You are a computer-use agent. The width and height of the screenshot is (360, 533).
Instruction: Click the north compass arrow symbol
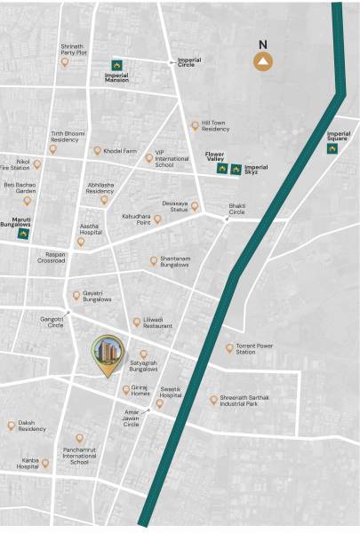pyautogui.click(x=263, y=60)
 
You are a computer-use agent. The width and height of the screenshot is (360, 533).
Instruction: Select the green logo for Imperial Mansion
pyautogui.click(x=116, y=64)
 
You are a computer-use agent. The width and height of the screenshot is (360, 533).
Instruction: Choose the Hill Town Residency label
pyautogui.click(x=215, y=127)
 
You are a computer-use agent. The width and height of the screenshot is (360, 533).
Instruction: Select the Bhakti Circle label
pyautogui.click(x=236, y=209)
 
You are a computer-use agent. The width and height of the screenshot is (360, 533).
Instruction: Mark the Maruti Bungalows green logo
pyautogui.click(x=23, y=235)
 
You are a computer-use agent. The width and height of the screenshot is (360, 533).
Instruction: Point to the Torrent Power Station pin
pyautogui.click(x=228, y=347)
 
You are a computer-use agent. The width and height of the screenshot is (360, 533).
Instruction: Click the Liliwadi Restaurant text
pyautogui.click(x=157, y=325)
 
